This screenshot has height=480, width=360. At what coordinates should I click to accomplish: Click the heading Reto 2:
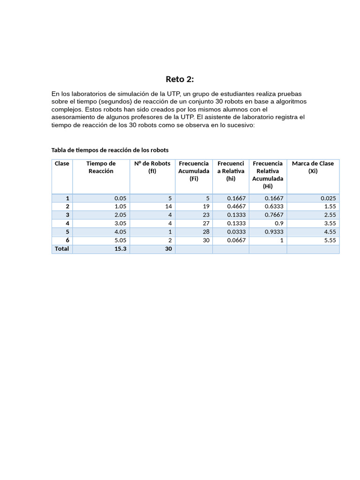[180, 79]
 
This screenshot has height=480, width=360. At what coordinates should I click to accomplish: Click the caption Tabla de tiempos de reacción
[110, 150]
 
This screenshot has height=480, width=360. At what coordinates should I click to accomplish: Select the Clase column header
[62, 164]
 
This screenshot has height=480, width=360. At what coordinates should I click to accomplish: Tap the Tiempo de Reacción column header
[101, 167]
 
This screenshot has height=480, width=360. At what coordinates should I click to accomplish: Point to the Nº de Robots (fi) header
[152, 167]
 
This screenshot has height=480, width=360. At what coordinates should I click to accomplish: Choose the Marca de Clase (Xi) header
[313, 167]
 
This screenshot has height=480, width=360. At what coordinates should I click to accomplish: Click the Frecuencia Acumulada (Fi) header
[194, 171]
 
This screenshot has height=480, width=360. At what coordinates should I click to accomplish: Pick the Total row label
[62, 249]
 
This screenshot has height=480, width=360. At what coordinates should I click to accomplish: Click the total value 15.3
[120, 249]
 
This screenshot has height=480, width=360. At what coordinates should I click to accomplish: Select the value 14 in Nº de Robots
[168, 207]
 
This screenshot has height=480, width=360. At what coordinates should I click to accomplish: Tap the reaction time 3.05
[120, 224]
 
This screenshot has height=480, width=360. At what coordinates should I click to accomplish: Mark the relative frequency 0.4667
[236, 207]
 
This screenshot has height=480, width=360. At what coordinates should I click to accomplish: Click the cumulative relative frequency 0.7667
[274, 215]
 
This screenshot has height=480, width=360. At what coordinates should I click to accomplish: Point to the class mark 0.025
[327, 198]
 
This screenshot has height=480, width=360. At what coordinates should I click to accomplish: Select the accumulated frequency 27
[205, 224]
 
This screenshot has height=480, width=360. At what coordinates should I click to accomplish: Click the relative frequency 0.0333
[236, 232]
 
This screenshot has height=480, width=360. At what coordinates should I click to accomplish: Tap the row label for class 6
[67, 240]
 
